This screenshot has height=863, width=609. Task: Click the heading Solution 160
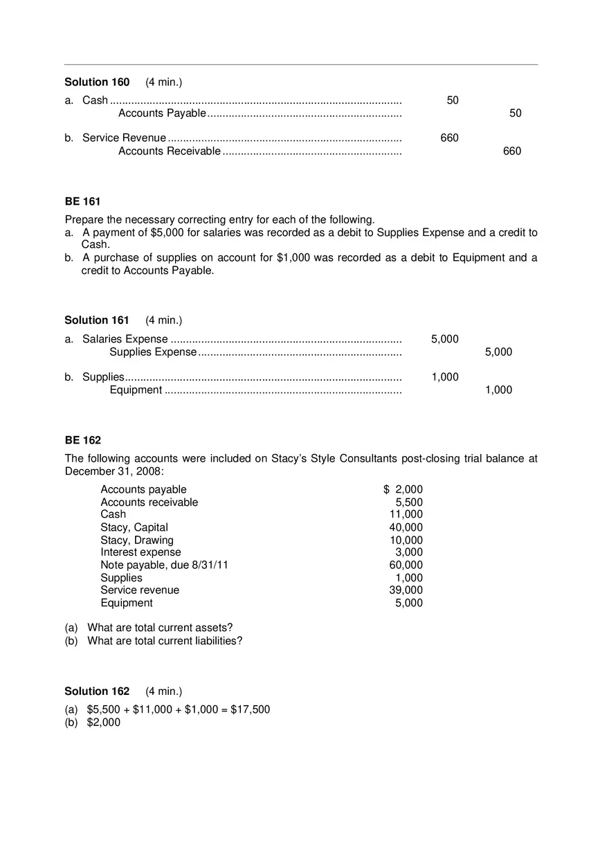[x=97, y=82]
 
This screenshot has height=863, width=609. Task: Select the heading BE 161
[x=82, y=201]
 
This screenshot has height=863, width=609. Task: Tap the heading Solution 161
[x=97, y=320]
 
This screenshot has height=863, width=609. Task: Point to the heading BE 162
[x=82, y=440]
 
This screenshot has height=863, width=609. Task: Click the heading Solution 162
[x=97, y=691]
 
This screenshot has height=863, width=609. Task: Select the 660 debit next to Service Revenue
[x=449, y=138]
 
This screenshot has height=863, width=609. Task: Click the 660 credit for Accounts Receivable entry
[x=512, y=152]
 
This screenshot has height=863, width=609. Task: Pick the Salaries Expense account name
[x=125, y=339]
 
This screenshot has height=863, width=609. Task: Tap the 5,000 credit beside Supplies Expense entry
[x=498, y=352]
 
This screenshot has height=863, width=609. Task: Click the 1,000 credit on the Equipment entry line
[x=498, y=390]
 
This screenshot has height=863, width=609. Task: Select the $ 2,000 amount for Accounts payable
[x=403, y=490]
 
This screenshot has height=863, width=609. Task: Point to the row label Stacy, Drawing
[x=137, y=540]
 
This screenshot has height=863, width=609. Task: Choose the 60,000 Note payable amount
[x=406, y=565]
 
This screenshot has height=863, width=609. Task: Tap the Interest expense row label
[x=140, y=552]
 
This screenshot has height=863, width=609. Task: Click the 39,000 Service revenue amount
[x=406, y=590]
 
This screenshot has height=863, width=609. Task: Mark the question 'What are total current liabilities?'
[x=165, y=641]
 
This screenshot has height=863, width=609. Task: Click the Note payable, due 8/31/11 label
[x=164, y=565]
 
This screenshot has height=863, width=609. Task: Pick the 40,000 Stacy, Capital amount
[x=406, y=527]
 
